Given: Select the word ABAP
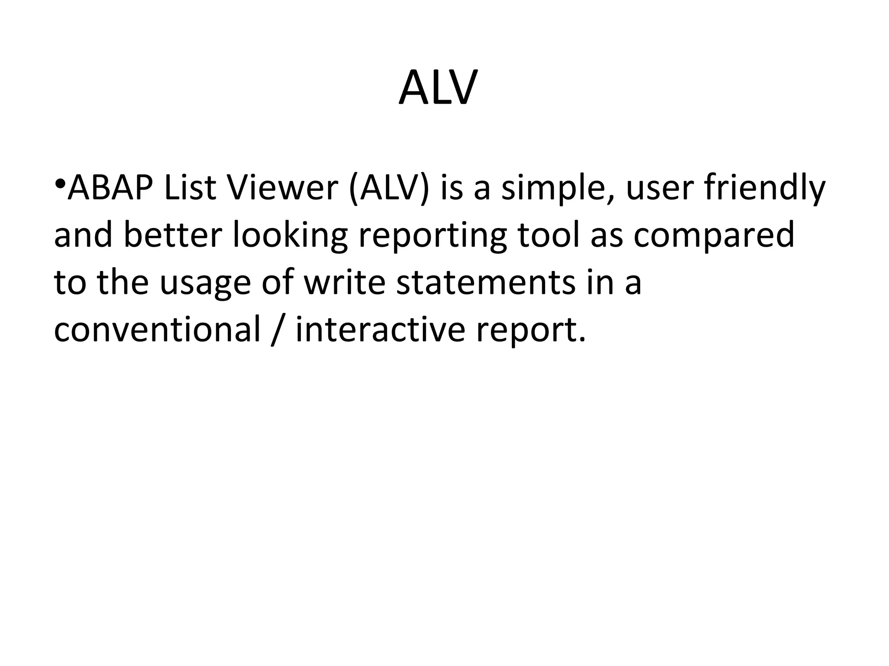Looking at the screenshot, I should [x=111, y=188].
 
